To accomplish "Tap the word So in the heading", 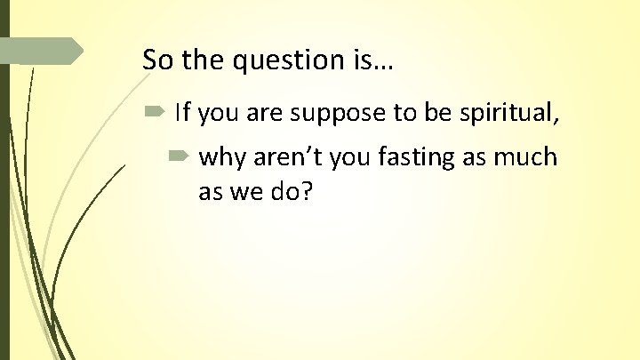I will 156,60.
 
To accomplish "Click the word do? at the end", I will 289,191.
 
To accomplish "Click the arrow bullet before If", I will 155,112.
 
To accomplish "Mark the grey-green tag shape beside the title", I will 44,51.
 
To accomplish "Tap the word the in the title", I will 204,60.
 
